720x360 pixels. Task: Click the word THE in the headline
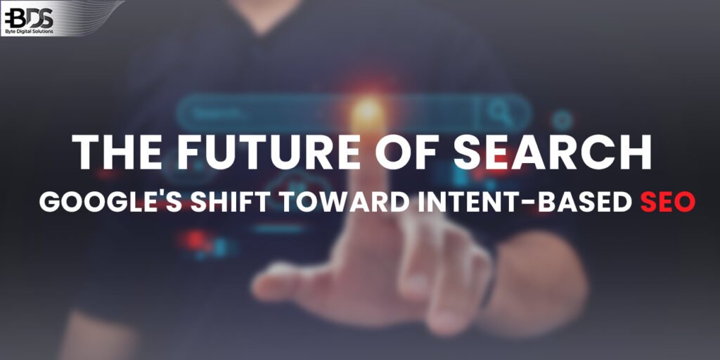coord(110,153)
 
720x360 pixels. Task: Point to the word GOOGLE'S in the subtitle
coord(110,202)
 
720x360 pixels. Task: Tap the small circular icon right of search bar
coord(562,120)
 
